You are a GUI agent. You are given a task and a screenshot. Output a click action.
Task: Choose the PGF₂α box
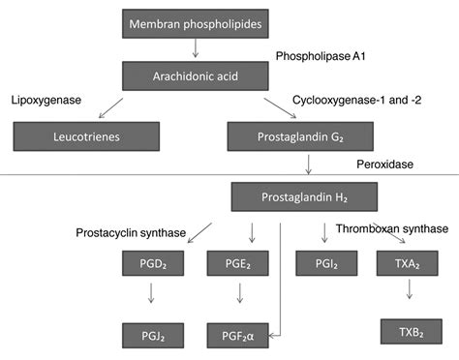pos(237,336)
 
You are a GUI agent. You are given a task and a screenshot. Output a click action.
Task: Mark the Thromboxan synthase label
pos(391,228)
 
